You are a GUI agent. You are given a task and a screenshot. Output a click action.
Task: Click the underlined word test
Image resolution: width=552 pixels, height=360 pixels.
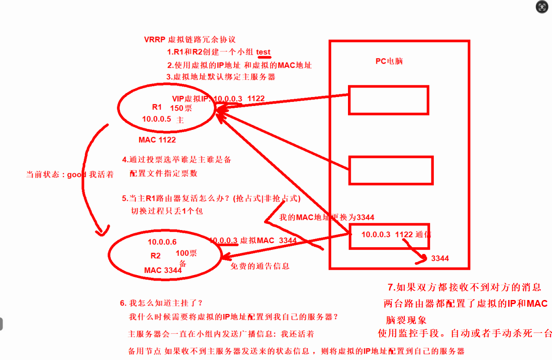[x=264, y=52]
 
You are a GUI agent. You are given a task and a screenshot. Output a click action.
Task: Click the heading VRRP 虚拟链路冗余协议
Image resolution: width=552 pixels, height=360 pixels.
[x=190, y=40]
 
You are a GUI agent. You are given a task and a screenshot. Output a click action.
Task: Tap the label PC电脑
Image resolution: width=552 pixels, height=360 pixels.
[x=389, y=61]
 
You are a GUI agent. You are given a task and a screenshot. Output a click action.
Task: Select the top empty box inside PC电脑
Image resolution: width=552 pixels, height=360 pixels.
[x=388, y=100]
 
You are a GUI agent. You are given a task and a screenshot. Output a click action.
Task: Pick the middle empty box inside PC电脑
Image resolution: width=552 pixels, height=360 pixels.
[x=391, y=170]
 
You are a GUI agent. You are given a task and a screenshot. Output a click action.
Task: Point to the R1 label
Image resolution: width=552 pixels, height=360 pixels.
[x=157, y=107]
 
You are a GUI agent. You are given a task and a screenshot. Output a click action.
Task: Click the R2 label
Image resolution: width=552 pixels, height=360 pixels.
[x=156, y=256]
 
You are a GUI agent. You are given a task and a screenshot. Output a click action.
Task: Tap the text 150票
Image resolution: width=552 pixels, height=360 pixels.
[x=181, y=108]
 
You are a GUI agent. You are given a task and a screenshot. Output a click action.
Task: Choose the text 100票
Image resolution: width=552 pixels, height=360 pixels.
[x=186, y=254]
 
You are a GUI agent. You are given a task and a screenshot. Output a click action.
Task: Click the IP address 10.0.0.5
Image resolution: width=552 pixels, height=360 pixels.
[x=157, y=119]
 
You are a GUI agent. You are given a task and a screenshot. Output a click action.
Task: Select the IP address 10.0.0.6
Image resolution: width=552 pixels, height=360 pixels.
[x=162, y=242]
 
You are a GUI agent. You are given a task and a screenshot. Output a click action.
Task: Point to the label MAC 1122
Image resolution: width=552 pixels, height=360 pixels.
[x=157, y=140]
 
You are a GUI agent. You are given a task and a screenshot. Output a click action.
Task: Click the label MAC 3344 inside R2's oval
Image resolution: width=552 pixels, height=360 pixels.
[x=163, y=270]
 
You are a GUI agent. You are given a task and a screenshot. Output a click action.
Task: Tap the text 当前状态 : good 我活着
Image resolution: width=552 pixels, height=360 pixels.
[x=70, y=175]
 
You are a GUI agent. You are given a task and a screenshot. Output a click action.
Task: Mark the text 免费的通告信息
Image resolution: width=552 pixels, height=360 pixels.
[x=260, y=266]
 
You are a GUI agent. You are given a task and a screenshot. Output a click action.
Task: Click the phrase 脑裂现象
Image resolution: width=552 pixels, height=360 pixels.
[x=406, y=320]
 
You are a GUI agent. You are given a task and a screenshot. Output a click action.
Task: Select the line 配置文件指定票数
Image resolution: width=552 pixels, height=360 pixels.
[x=163, y=173]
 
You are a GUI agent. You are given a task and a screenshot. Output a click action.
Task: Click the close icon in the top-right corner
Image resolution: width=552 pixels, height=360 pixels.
[x=542, y=8]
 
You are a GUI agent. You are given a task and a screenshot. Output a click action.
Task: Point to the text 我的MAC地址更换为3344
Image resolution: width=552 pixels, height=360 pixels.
[x=326, y=217]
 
